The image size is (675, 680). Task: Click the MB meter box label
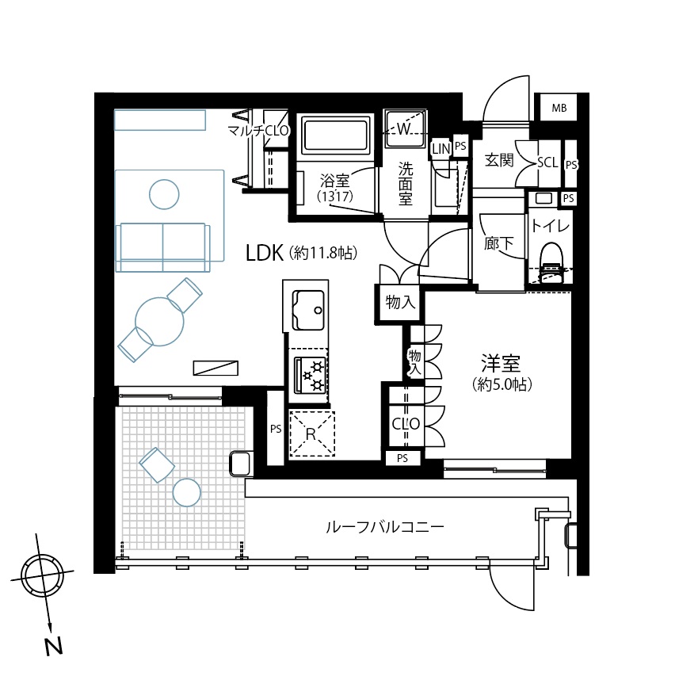559,108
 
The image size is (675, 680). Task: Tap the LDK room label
265,253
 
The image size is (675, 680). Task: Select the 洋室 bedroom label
501,363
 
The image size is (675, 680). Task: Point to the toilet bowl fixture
552,263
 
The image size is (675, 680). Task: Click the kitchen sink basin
308,310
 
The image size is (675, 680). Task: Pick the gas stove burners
310,375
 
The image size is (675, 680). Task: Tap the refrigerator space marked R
311,434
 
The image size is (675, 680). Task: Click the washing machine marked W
405,129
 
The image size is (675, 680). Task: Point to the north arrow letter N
54,646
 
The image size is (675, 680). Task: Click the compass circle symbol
42,576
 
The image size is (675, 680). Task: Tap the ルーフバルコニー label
384,527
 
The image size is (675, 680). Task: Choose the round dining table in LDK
159,321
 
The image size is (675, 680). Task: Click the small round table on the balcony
187,492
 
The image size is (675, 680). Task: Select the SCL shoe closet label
547,162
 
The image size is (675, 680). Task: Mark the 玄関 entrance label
499,160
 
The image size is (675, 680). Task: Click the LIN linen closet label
441,149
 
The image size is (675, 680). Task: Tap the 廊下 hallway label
499,243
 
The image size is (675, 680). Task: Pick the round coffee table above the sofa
164,194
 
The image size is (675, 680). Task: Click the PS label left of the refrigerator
276,429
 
